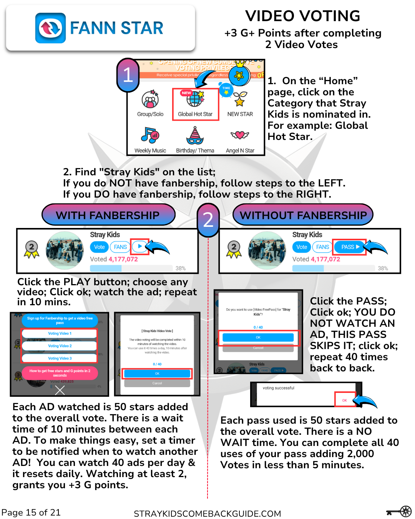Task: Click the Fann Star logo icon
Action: (50, 28)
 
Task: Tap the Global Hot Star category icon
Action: (195, 99)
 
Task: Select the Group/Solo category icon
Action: (150, 100)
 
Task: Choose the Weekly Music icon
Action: (150, 135)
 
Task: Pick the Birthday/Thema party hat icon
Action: (195, 135)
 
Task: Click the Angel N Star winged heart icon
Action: (240, 135)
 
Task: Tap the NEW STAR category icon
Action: (240, 99)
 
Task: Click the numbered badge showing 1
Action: (128, 75)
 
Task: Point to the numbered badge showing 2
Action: (208, 220)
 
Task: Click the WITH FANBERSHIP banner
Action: (108, 215)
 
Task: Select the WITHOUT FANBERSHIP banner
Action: (303, 215)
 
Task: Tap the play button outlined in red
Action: (140, 246)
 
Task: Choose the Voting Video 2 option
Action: (60, 346)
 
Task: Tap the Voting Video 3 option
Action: (60, 358)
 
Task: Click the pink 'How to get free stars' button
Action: (60, 373)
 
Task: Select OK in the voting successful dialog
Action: (344, 400)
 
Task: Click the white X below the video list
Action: (60, 391)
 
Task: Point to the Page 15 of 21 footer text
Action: (31, 512)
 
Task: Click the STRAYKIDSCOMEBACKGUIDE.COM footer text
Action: (207, 514)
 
